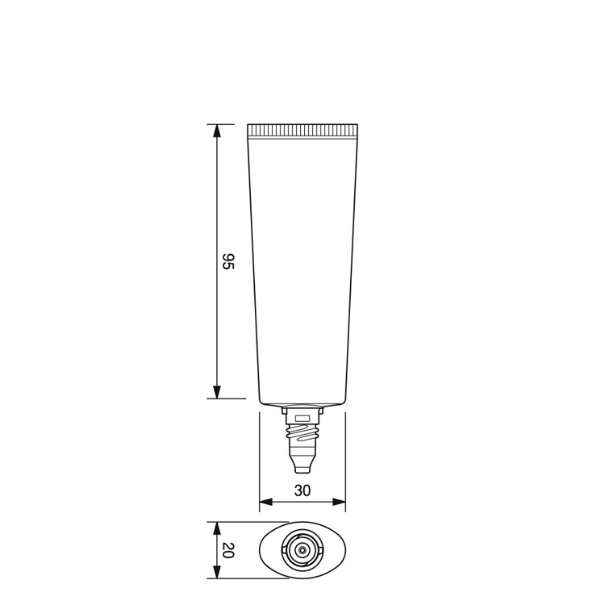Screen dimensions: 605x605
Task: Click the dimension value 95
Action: pyautogui.click(x=228, y=261)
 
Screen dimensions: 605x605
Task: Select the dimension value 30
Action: pyautogui.click(x=302, y=490)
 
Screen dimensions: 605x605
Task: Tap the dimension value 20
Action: pyautogui.click(x=228, y=550)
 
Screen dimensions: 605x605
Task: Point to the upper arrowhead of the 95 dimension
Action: pyautogui.click(x=217, y=131)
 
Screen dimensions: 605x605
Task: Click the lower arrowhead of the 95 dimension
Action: pyautogui.click(x=217, y=391)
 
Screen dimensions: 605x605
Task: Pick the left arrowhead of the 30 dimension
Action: pyautogui.click(x=266, y=502)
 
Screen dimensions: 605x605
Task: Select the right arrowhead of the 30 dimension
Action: pyautogui.click(x=338, y=502)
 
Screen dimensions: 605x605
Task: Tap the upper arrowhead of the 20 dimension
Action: pyautogui.click(x=217, y=528)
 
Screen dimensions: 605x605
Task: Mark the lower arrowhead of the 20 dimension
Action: pyautogui.click(x=217, y=572)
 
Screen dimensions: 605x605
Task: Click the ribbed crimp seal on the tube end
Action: pyautogui.click(x=302, y=131)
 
